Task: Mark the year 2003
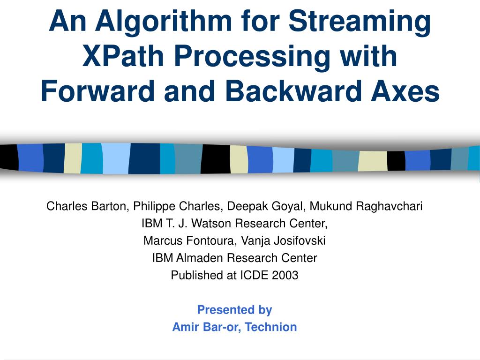[285, 275]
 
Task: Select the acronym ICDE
[253, 275]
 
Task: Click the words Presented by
[234, 310]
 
